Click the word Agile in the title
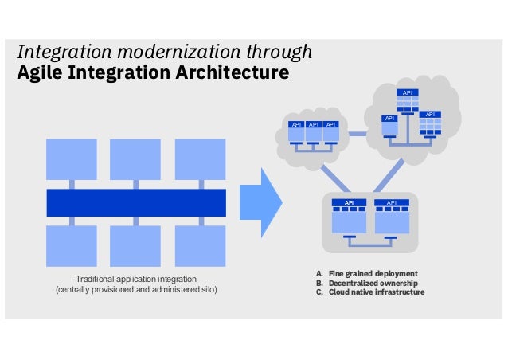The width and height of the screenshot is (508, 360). pos(40,74)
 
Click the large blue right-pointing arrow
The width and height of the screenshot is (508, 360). pos(261,202)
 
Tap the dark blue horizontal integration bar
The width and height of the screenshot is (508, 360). pos(136,202)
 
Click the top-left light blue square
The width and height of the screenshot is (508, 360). pos(72,159)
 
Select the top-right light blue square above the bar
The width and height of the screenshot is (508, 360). pos(200,159)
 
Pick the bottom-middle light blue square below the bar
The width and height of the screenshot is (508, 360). pos(135,245)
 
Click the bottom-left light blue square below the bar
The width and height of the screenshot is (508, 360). pos(72,245)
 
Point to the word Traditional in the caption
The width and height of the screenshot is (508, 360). pos(96,279)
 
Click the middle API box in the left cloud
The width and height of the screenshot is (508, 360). pos(314,125)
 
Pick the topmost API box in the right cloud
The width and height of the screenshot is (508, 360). pos(408,93)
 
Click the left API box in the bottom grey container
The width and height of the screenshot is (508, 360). pos(348,203)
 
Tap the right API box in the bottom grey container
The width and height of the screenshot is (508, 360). pos(391,203)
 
